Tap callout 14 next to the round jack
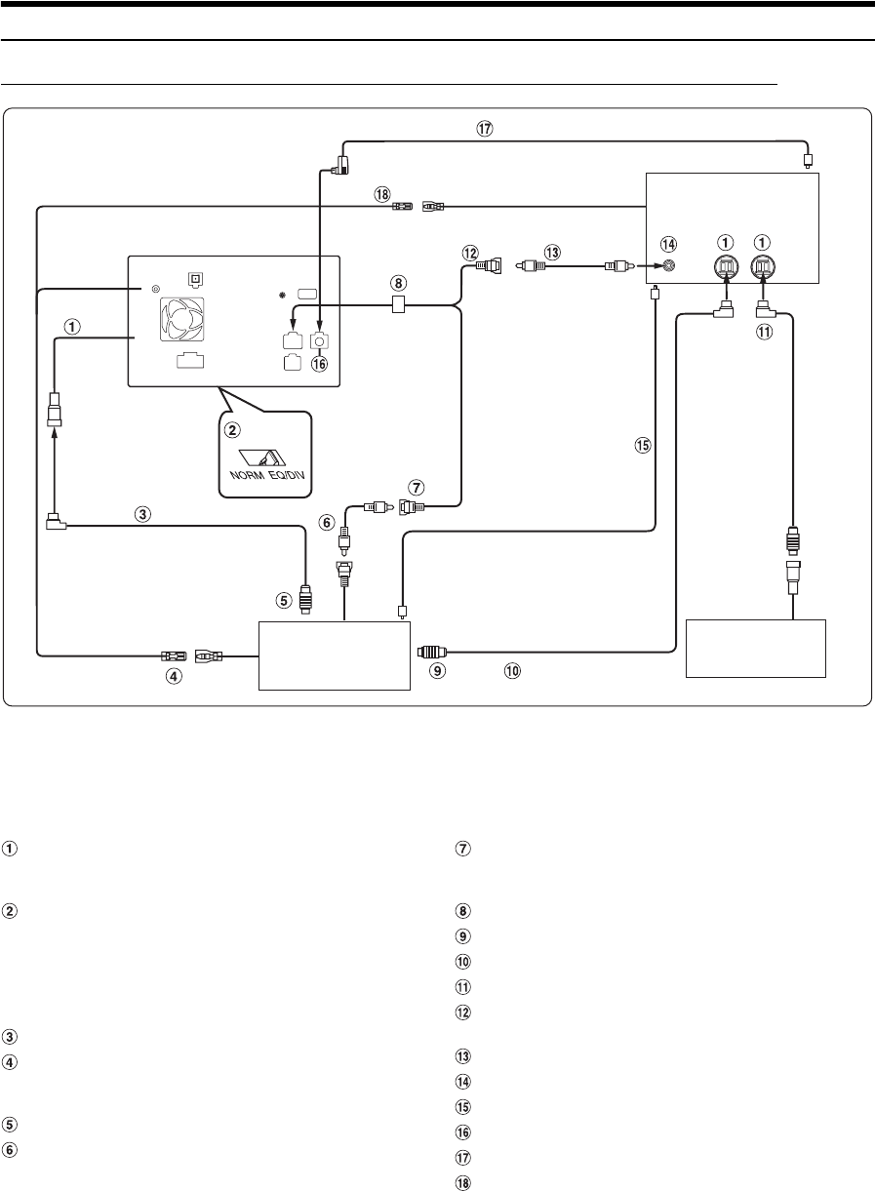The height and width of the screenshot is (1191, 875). [668, 243]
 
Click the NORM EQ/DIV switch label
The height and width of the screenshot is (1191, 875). [261, 479]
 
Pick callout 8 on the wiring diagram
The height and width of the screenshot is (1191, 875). [397, 283]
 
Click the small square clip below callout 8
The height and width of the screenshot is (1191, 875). [397, 305]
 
